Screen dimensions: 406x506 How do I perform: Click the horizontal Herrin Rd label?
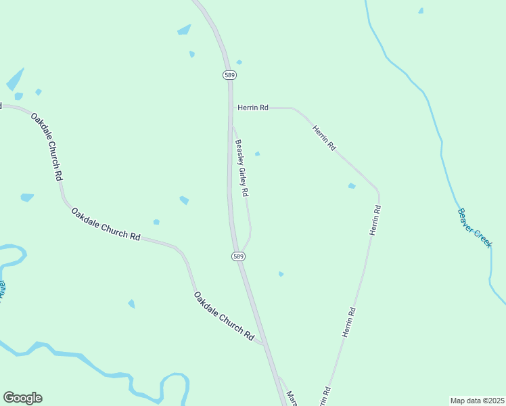point(254,108)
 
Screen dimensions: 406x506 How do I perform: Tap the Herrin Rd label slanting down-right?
point(324,138)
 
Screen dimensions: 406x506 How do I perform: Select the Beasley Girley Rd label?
point(242,168)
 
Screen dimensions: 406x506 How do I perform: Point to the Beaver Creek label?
point(474,227)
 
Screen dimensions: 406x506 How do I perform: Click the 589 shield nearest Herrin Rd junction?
point(229,74)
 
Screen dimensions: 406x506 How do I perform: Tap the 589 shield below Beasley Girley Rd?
point(237,256)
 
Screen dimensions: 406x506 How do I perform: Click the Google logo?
point(22,398)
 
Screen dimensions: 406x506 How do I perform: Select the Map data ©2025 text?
point(477,401)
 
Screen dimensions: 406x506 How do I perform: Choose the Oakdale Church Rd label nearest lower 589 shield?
point(223,316)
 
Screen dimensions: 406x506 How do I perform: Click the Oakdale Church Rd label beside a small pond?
point(106,225)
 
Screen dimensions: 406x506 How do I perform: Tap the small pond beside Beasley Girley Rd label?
point(257,154)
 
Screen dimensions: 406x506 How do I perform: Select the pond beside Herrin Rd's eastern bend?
point(351,186)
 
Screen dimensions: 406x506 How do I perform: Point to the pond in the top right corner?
point(421,11)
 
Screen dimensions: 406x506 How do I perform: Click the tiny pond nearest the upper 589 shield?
point(239,62)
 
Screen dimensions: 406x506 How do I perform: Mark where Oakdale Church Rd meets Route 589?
point(264,345)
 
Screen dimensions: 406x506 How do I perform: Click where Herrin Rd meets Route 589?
point(231,108)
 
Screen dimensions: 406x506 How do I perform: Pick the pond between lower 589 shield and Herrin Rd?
point(281,274)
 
